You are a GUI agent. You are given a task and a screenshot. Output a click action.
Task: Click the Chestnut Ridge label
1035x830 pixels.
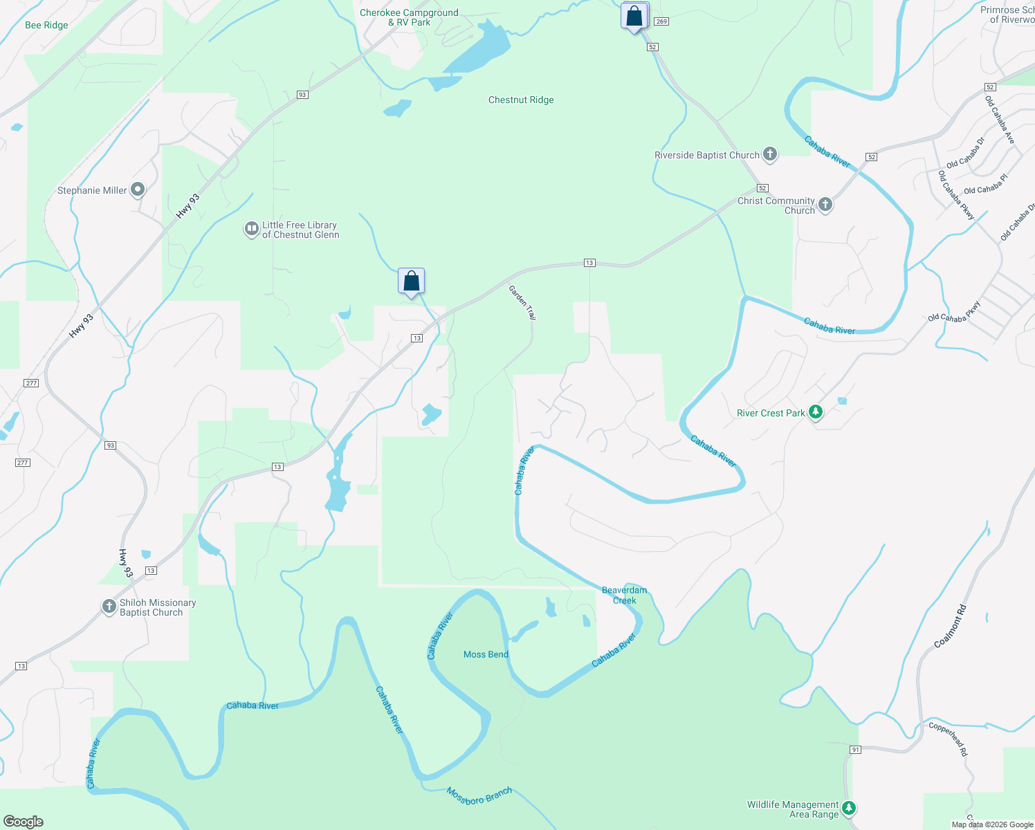click(x=521, y=100)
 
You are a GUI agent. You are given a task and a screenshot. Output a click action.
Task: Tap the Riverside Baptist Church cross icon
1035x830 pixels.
click(x=770, y=155)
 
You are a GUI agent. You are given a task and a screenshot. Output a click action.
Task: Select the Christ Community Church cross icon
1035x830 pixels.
click(x=825, y=205)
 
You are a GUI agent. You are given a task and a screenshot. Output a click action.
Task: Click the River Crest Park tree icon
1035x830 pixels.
click(x=816, y=413)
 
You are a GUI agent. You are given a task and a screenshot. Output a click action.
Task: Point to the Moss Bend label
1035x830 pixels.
click(x=486, y=654)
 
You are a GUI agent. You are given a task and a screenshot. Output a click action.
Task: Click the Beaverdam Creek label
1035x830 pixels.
click(x=624, y=595)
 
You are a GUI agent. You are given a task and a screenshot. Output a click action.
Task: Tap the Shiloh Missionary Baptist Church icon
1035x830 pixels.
click(x=109, y=607)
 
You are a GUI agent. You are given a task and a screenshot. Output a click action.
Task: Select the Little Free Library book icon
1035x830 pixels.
click(x=252, y=229)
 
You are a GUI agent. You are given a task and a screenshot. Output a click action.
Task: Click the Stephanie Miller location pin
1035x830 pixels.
click(x=138, y=190)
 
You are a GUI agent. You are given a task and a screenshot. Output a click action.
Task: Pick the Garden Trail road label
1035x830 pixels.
click(x=522, y=302)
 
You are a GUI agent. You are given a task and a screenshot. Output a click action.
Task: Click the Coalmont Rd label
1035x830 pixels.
click(x=949, y=627)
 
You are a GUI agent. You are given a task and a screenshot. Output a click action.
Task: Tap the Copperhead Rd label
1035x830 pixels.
click(x=949, y=739)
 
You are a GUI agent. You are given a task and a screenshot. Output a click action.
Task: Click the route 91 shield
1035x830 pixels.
click(x=856, y=750)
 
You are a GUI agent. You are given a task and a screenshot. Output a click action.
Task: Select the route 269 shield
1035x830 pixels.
click(x=661, y=21)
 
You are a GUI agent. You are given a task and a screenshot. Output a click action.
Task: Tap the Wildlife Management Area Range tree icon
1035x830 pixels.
click(x=850, y=808)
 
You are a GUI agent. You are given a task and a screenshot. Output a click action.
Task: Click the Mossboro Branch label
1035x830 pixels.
click(x=479, y=795)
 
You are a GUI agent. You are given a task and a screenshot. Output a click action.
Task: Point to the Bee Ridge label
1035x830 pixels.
click(x=46, y=26)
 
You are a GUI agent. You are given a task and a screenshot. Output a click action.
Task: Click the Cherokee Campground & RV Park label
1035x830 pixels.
click(x=409, y=18)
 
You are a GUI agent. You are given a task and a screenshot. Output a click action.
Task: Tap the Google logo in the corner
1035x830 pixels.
click(x=24, y=821)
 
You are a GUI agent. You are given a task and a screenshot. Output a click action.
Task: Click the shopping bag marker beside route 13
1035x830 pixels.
click(x=411, y=282)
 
